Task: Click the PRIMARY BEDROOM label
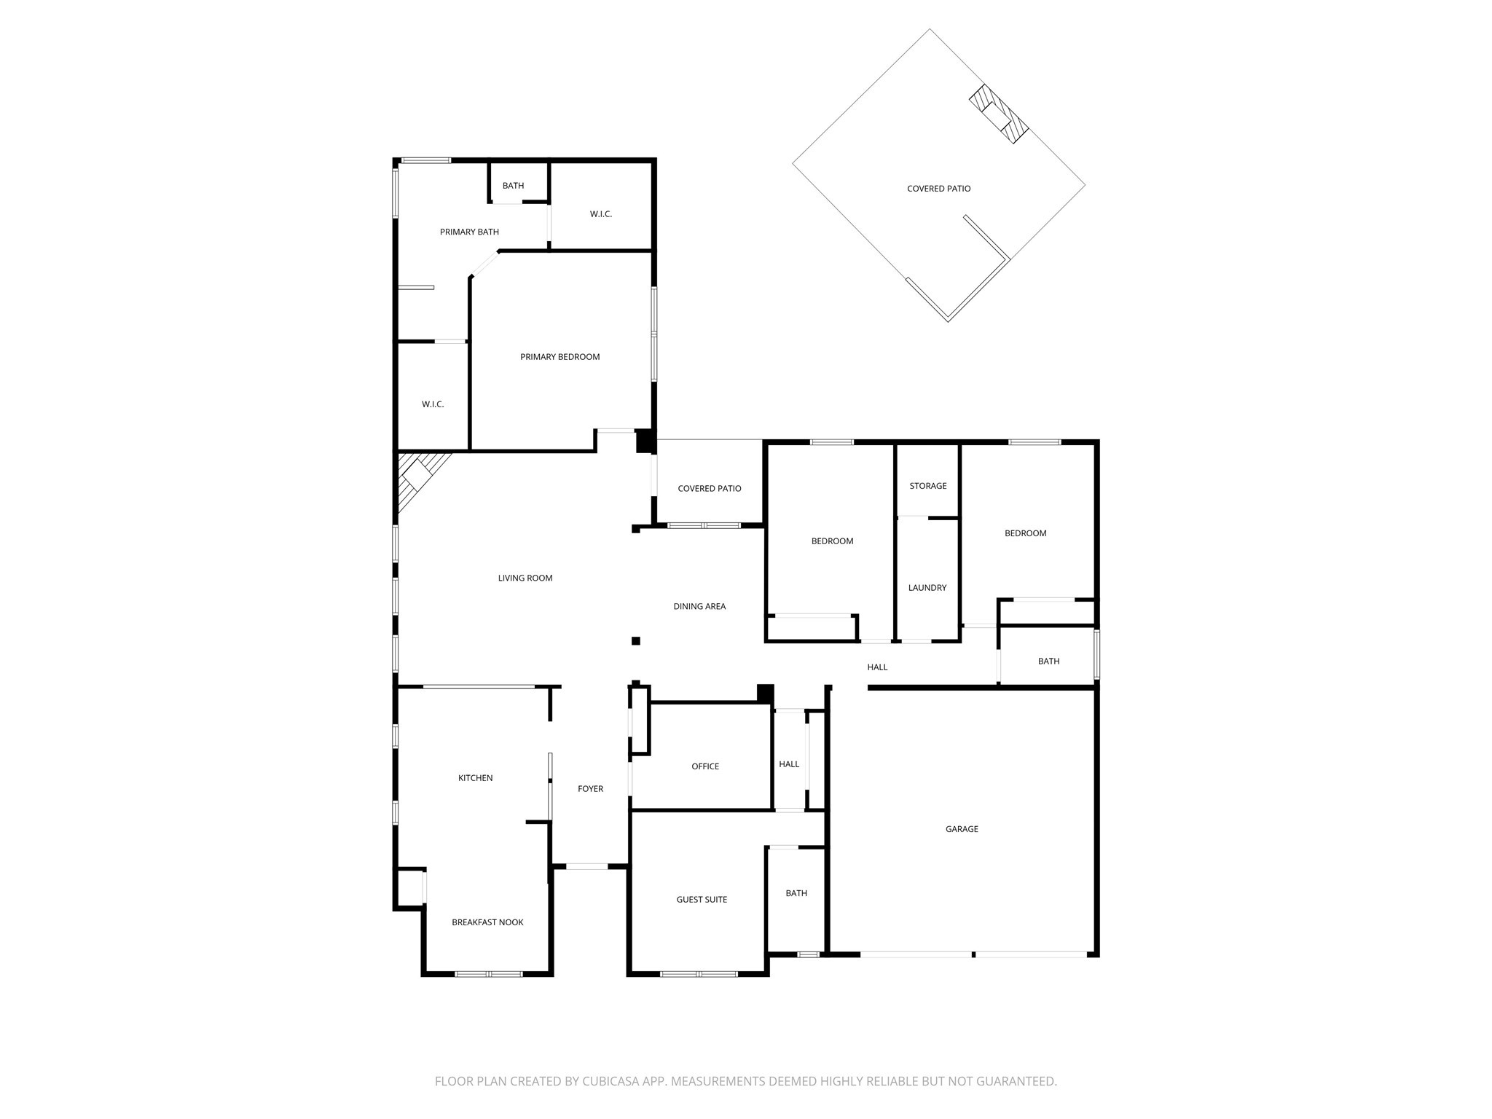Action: tap(559, 357)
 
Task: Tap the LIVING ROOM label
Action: tap(525, 578)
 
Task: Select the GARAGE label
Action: tap(962, 829)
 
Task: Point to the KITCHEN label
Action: tap(475, 778)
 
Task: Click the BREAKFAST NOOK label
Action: tap(487, 922)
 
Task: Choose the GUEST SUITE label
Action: tap(702, 900)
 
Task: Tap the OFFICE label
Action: tap(705, 766)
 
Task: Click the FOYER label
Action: tap(590, 789)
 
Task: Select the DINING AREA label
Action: tap(699, 606)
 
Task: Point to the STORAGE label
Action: tap(928, 486)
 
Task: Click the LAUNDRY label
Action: tap(927, 588)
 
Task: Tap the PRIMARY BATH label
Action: tap(469, 232)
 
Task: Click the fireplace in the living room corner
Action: tap(420, 477)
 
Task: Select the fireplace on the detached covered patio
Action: tap(998, 114)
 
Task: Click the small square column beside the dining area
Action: tap(635, 641)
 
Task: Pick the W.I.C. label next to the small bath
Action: tap(601, 214)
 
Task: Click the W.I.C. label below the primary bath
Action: tap(433, 404)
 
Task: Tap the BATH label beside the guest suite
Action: tap(796, 893)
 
